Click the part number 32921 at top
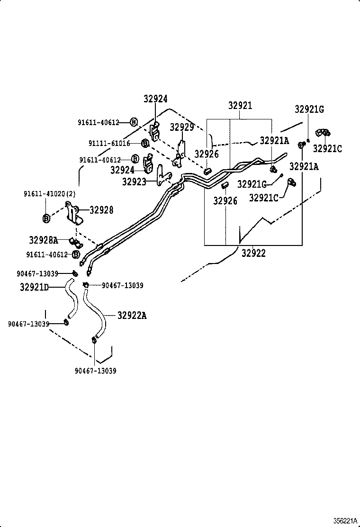click(x=240, y=106)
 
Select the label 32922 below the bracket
click(x=253, y=253)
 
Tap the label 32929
click(x=182, y=127)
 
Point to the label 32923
click(x=134, y=181)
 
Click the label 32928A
click(x=43, y=240)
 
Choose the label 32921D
click(x=34, y=287)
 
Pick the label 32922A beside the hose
click(x=132, y=315)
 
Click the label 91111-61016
click(x=109, y=143)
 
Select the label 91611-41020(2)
click(x=49, y=194)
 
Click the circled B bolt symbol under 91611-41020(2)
click(x=46, y=218)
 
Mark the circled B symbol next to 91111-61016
click(x=145, y=143)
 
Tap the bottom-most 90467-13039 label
click(x=96, y=371)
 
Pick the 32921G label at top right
click(x=309, y=109)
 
